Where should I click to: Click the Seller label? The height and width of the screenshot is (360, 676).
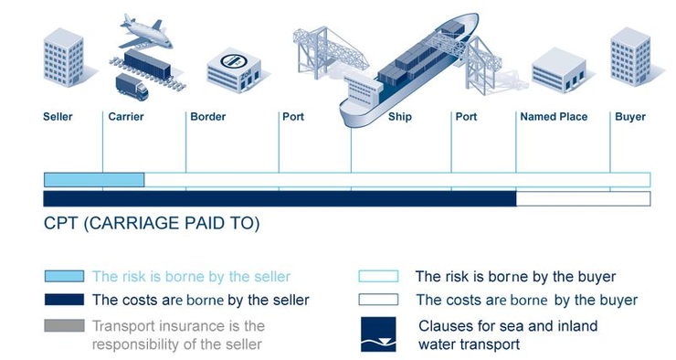click(58, 117)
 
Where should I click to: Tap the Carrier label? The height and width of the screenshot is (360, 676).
click(125, 117)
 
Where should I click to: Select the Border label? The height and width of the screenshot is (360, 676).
click(207, 117)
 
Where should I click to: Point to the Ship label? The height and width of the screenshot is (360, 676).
click(400, 117)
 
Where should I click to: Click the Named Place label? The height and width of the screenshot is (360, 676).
click(554, 117)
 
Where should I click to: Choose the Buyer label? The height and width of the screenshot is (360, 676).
click(630, 117)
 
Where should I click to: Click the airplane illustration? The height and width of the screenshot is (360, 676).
click(146, 31)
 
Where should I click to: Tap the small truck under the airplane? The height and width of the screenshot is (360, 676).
click(132, 88)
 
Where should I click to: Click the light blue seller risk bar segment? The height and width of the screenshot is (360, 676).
click(94, 179)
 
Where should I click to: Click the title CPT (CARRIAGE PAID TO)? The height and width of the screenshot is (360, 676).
click(152, 224)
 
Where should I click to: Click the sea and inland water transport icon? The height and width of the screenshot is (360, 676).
click(377, 334)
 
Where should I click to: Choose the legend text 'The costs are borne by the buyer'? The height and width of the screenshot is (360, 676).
click(526, 300)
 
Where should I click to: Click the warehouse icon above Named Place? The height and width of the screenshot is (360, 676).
click(557, 69)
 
